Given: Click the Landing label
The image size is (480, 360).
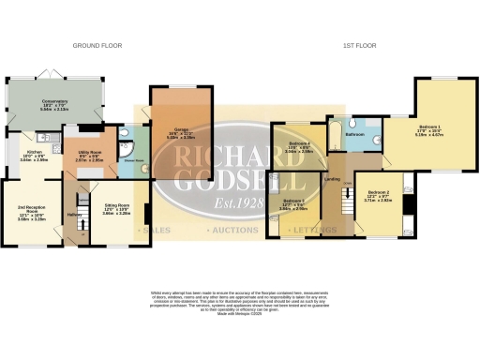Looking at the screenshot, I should click(331, 177).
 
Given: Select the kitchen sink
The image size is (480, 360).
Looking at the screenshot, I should click(54, 139).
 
